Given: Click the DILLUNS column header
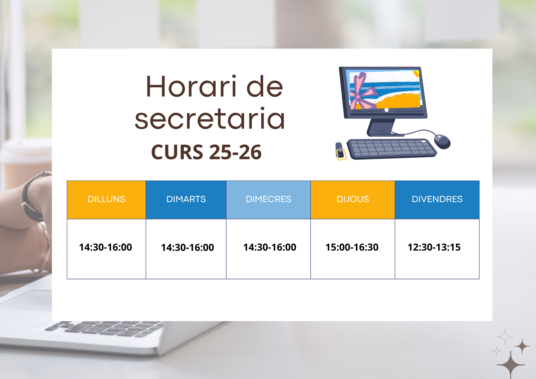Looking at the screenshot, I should point(106,199).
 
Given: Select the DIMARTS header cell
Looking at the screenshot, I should point(186,199).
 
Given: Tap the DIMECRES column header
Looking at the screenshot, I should point(268,199).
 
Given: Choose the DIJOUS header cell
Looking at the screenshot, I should point(353,199).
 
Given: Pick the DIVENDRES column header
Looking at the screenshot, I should point(437,199).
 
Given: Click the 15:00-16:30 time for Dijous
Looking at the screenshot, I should point(352,247).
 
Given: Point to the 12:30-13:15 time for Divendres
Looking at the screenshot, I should point(434,247).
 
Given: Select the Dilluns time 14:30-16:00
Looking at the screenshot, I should point(105,247).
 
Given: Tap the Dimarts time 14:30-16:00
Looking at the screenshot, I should point(187,247).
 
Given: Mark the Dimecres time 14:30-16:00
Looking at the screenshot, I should point(270,247).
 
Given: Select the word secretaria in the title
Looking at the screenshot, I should point(210,119).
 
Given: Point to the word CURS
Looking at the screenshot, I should point(177,152).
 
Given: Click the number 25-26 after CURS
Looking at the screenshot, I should point(235,152).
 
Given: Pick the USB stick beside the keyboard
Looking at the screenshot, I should point(340,151).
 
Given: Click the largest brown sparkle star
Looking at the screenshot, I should point(511,365).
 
